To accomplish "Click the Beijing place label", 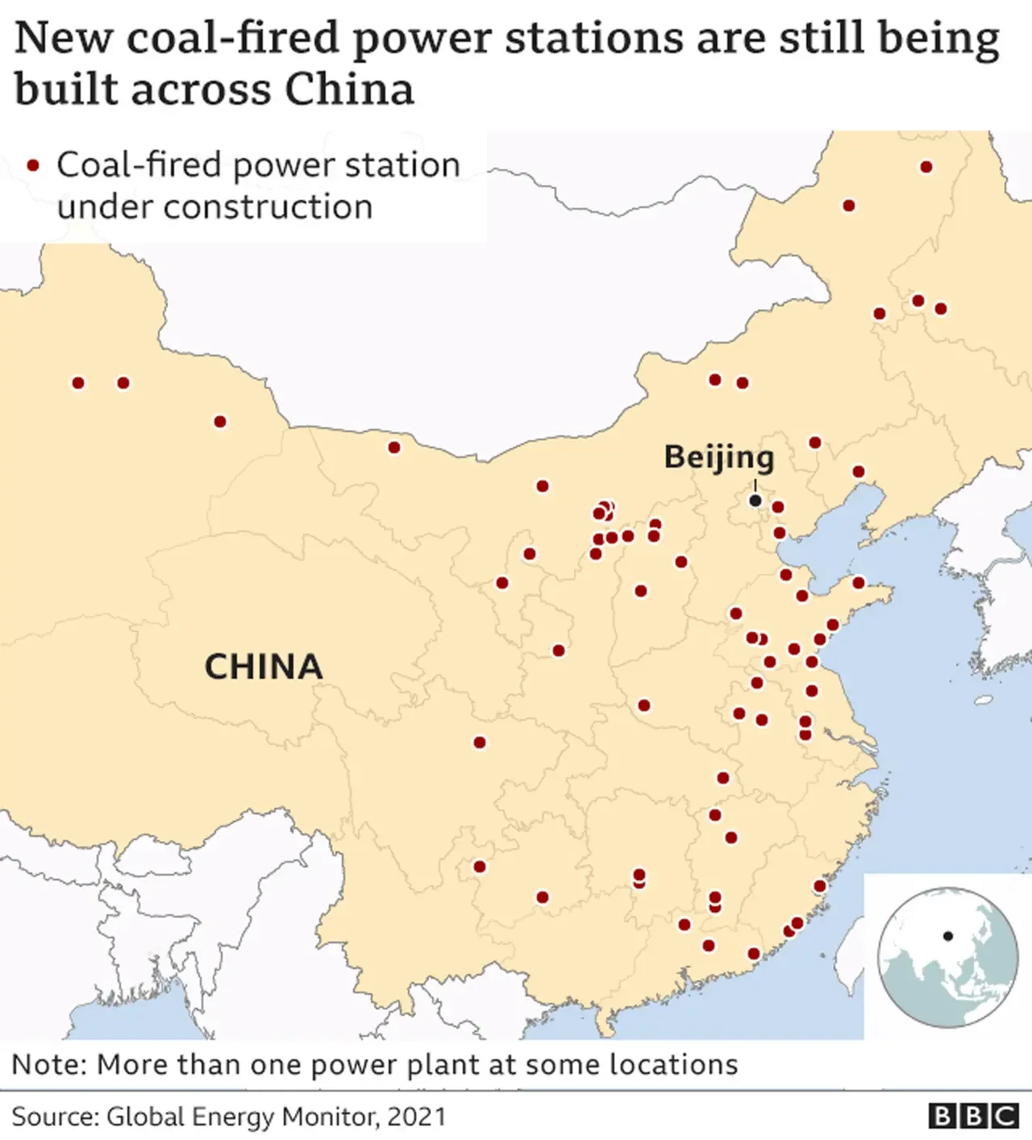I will click(x=718, y=457).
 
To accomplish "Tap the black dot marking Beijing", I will click(x=755, y=501).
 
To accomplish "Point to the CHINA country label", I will click(x=264, y=667).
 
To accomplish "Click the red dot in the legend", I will click(x=33, y=165).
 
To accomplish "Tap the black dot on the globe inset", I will click(x=948, y=936).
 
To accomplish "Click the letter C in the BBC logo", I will click(x=1005, y=1116).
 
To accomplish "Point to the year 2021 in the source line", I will click(x=416, y=1117).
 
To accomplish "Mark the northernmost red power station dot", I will click(x=926, y=167).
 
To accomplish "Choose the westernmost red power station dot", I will click(x=78, y=383).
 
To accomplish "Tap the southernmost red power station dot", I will click(x=754, y=954).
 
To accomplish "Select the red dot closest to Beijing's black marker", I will click(x=778, y=507).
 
